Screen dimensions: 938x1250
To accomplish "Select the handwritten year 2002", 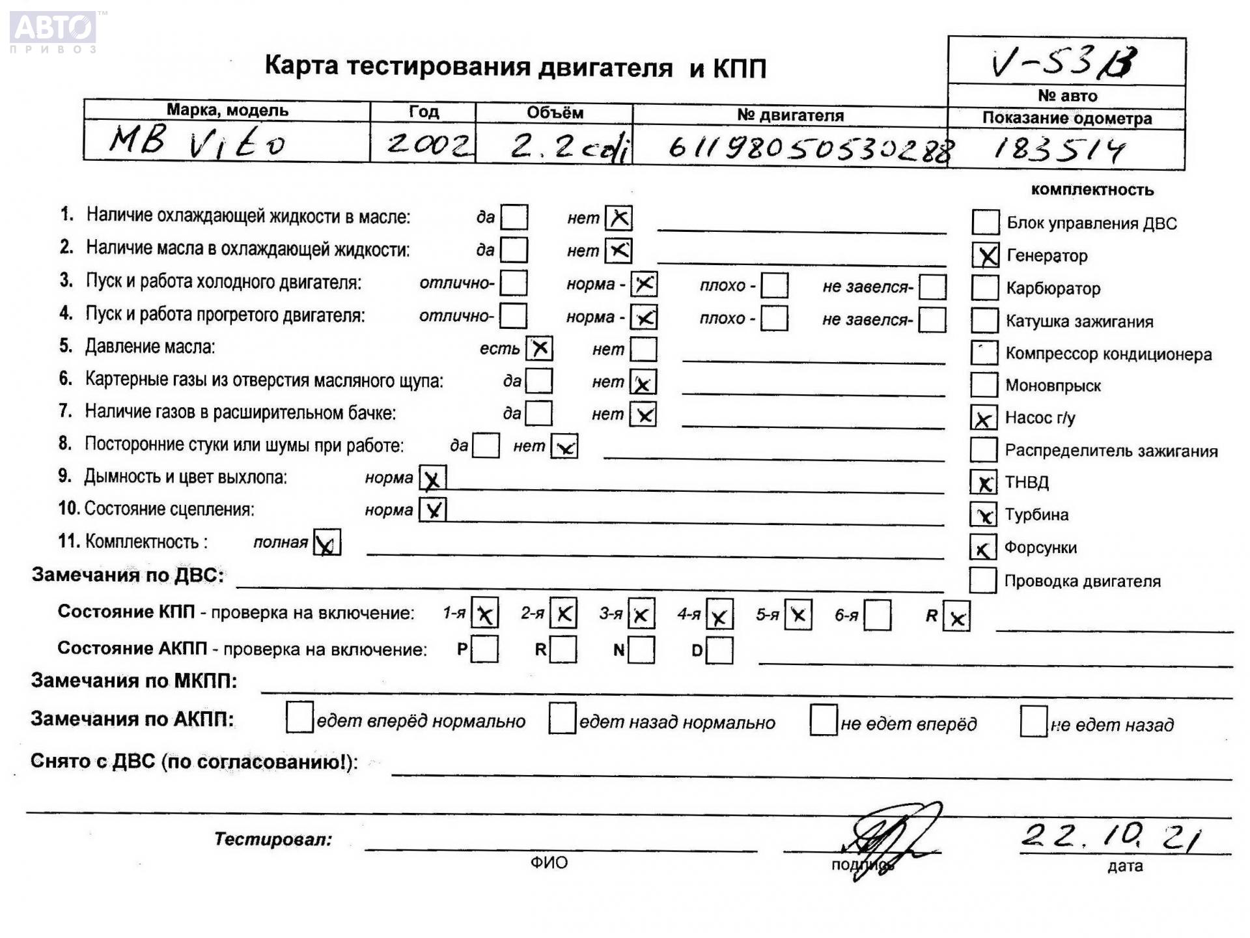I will click(x=428, y=143).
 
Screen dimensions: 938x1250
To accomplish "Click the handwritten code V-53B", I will click(x=1064, y=63).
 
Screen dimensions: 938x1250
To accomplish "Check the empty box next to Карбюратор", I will click(x=984, y=288).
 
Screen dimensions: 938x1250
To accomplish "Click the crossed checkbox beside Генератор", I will click(x=986, y=255).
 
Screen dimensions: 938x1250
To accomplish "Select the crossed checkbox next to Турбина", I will click(x=983, y=515).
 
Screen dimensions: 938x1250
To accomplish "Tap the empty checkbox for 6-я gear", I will click(x=877, y=615).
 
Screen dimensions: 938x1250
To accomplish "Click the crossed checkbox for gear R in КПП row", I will click(x=956, y=617).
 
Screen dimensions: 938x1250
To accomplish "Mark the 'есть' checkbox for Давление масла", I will click(x=539, y=348).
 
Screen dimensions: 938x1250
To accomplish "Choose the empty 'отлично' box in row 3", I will click(x=514, y=283).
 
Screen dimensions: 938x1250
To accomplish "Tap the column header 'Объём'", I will click(x=555, y=113).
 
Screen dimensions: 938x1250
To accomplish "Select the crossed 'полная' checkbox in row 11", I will click(x=327, y=543).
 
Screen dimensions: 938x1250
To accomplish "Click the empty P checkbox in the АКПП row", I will click(x=485, y=649).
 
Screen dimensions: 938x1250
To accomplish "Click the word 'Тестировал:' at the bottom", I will click(x=273, y=839).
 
